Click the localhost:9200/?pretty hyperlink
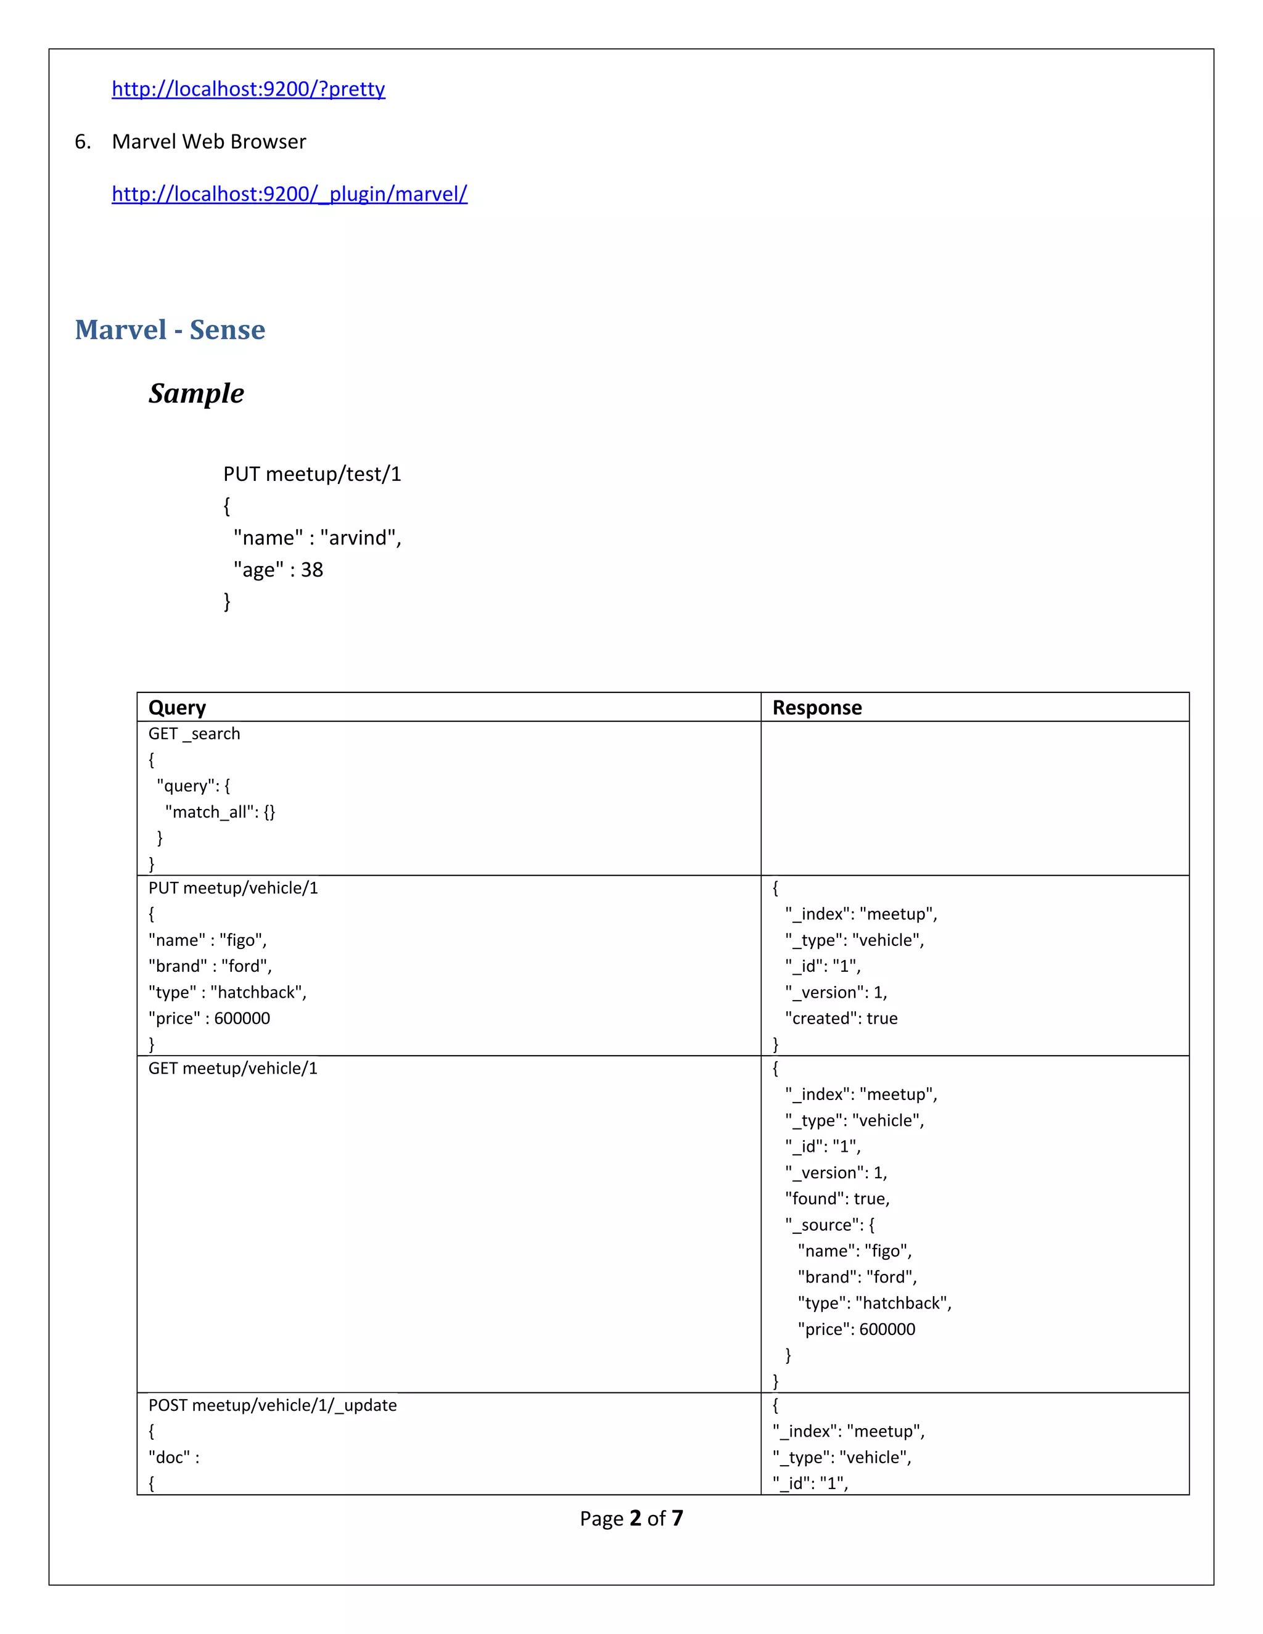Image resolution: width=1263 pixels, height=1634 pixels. [248, 89]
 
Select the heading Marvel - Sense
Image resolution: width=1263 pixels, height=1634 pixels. [170, 330]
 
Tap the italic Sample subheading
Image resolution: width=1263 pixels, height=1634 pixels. [196, 393]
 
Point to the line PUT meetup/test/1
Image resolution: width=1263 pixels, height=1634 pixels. [312, 474]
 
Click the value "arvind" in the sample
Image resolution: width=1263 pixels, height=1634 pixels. [361, 538]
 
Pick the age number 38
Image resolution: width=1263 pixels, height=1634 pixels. [312, 570]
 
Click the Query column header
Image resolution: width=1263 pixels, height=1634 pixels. [178, 708]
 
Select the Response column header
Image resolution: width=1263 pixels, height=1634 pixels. [817, 708]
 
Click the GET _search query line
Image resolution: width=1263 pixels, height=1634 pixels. [194, 734]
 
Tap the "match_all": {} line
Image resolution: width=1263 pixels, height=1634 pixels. [220, 813]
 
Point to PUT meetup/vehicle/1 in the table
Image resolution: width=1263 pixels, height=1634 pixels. [232, 888]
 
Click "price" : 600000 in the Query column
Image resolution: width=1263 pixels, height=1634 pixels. [210, 1018]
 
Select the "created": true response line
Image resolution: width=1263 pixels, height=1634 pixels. [841, 1018]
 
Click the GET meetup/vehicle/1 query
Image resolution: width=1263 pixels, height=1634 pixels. [232, 1069]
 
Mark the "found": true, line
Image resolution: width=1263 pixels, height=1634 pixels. [837, 1199]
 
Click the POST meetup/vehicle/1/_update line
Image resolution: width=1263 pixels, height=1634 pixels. [273, 1405]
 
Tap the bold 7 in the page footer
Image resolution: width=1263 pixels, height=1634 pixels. [677, 1518]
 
